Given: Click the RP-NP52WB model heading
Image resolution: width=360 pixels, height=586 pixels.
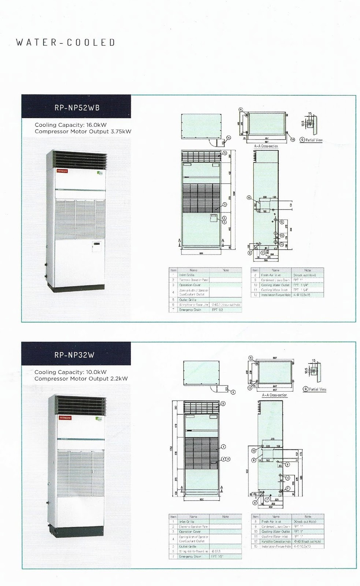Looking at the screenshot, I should point(77,108).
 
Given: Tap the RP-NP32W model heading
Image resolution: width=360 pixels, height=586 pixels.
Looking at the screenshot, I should point(74,355).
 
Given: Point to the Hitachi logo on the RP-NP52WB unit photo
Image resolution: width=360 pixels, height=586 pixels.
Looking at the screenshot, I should point(62,171).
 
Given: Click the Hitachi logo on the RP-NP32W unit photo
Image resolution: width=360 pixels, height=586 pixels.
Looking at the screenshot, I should point(65,418).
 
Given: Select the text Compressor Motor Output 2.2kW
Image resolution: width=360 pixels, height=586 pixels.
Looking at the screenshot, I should point(81,379).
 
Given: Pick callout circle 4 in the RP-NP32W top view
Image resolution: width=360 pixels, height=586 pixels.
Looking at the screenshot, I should point(233,392).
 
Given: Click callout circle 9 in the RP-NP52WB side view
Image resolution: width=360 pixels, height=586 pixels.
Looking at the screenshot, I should point(282,222).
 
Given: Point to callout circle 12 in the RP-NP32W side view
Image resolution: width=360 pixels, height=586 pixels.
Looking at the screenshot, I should point(253,451).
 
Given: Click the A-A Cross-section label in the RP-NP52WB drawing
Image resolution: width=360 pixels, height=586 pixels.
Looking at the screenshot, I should point(266,146).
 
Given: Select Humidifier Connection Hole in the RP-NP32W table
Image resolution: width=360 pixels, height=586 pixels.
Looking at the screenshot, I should point(276,541).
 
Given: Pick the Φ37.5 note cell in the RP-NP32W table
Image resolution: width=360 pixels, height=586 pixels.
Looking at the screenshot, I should point(216,551).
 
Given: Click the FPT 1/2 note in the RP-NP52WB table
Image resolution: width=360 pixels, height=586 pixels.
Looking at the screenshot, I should point(217,310).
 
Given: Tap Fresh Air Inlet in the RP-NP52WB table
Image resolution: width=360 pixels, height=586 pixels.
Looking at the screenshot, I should point(271,275).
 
